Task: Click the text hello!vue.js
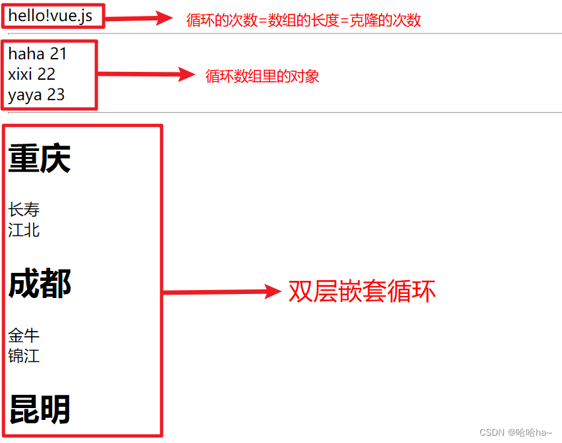tap(50, 16)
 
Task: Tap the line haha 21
tap(38, 54)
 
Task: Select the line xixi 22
tap(32, 74)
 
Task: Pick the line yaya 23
tap(36, 95)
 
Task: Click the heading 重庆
tap(39, 159)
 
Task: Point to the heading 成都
tap(40, 284)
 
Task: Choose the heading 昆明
tap(40, 409)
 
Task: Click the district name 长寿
tap(24, 210)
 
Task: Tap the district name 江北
tap(24, 230)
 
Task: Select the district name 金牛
tap(24, 336)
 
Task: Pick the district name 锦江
tap(24, 356)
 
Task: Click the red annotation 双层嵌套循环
tap(362, 291)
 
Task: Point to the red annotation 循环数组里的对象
tap(262, 76)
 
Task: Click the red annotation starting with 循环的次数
tap(304, 20)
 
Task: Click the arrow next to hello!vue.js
tap(138, 18)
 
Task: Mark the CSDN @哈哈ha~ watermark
tap(515, 432)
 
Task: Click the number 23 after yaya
tap(56, 95)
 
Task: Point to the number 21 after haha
tap(59, 54)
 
